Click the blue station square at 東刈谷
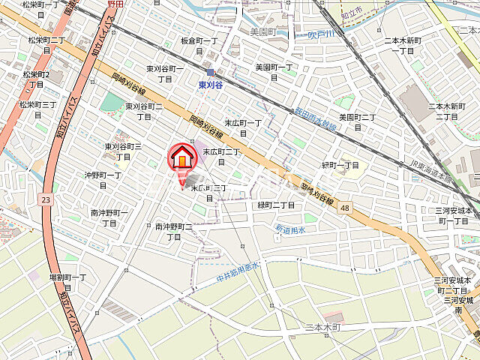pos(211,73)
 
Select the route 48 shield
pos(344,207)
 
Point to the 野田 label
pos(115,4)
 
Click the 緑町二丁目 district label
pos(276,205)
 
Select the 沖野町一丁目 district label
pos(103,181)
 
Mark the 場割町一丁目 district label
pos(68,282)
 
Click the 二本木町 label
pos(323,328)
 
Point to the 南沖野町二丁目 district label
pos(174,231)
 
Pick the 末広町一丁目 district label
pos(242,127)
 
